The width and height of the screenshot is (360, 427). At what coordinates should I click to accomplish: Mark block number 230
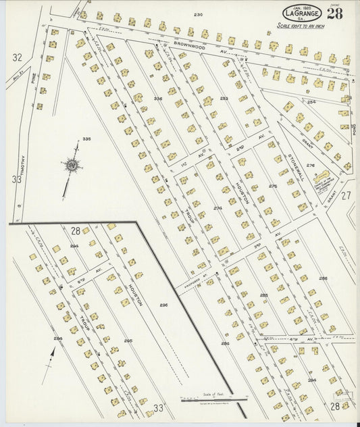[x=198, y=14]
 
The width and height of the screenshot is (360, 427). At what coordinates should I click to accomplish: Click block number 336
[x=158, y=99]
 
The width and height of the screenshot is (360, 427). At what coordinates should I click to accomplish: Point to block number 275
[x=273, y=186]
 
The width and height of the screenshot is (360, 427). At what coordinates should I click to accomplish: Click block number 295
[x=128, y=341]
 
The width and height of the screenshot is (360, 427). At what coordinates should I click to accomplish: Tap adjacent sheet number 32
[x=17, y=58]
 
